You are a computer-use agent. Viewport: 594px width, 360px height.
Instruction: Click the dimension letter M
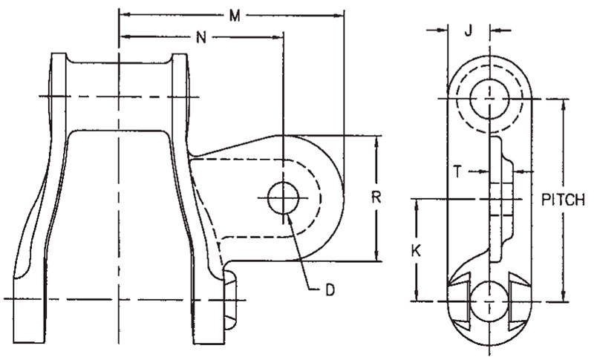(x=234, y=15)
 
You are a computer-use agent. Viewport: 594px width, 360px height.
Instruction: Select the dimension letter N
(x=200, y=36)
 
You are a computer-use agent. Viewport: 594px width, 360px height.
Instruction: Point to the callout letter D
(x=331, y=289)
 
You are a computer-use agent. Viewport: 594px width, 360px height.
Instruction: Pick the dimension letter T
(x=459, y=171)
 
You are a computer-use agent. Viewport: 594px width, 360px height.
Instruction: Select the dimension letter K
(x=416, y=251)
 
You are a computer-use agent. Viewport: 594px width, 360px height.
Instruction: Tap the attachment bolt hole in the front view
(x=283, y=198)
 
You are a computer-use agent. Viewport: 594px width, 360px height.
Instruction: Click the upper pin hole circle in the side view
(x=489, y=97)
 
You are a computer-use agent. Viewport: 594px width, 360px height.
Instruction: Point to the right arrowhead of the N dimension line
(x=279, y=36)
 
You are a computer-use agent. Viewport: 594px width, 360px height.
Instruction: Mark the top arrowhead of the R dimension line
(x=376, y=141)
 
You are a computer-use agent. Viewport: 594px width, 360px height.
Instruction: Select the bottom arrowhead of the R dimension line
(x=376, y=255)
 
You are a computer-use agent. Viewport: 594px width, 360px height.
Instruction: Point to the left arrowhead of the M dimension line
(x=124, y=15)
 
